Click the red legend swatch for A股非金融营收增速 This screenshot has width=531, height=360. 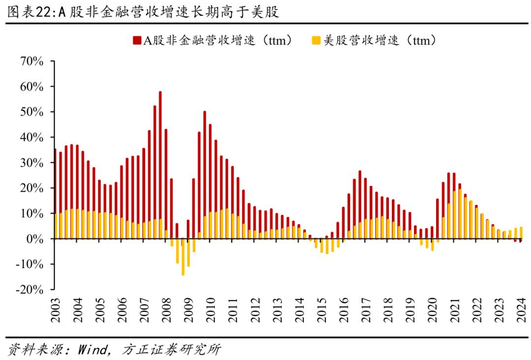tap(136, 41)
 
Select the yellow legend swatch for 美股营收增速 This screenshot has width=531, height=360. tap(316, 41)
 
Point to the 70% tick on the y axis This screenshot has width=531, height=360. tap(31, 61)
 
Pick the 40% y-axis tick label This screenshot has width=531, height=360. tap(31, 137)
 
